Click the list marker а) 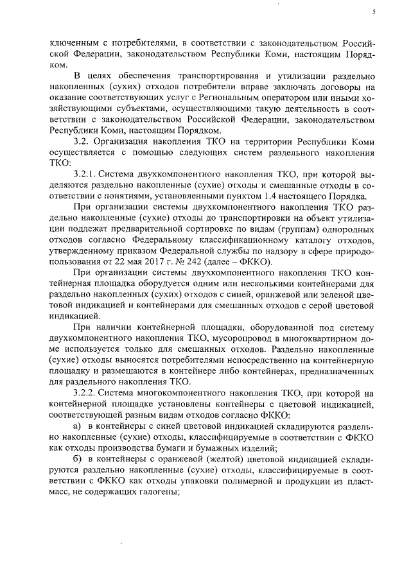(78, 426)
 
